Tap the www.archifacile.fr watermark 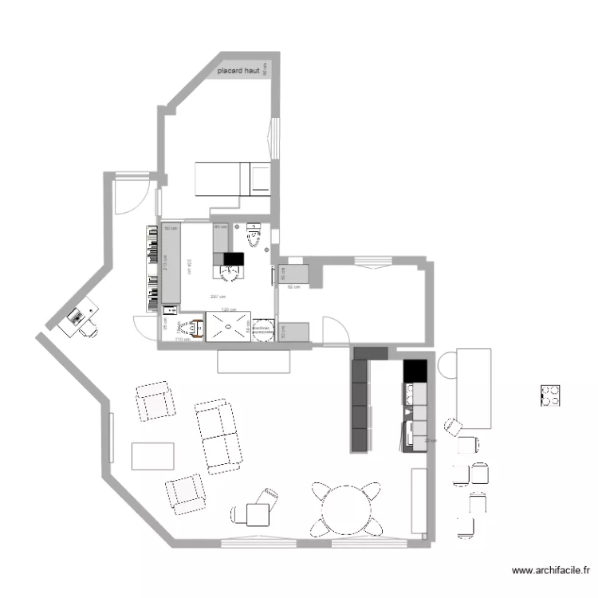coord(551,570)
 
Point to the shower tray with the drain coord(229,326)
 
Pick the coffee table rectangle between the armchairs coord(152,456)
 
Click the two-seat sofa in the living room coord(218,435)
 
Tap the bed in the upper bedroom coord(233,179)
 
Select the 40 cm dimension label coord(218,227)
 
